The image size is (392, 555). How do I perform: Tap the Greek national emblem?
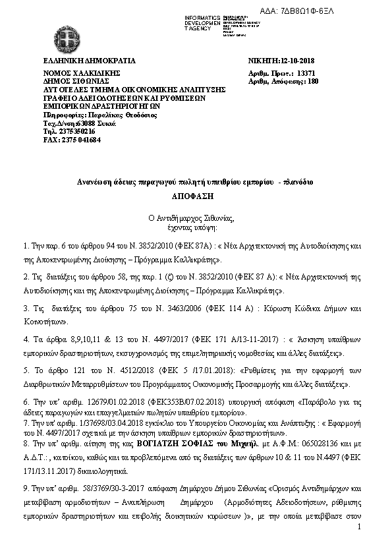coord(66,36)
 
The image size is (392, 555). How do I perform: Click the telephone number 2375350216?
coord(76,131)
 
